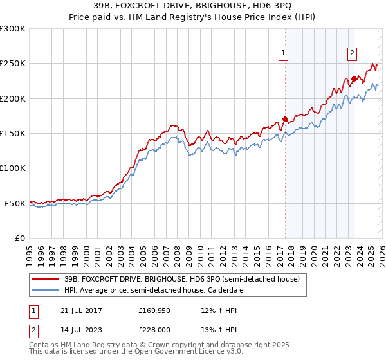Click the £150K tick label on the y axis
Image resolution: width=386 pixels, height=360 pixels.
pos(13,133)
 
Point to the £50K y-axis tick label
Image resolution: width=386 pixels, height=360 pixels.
pos(15,203)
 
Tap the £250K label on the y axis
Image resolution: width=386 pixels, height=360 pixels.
pos(13,64)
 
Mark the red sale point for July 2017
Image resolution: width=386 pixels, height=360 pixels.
pos(285,119)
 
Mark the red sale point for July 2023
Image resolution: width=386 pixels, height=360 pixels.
pos(353,79)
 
